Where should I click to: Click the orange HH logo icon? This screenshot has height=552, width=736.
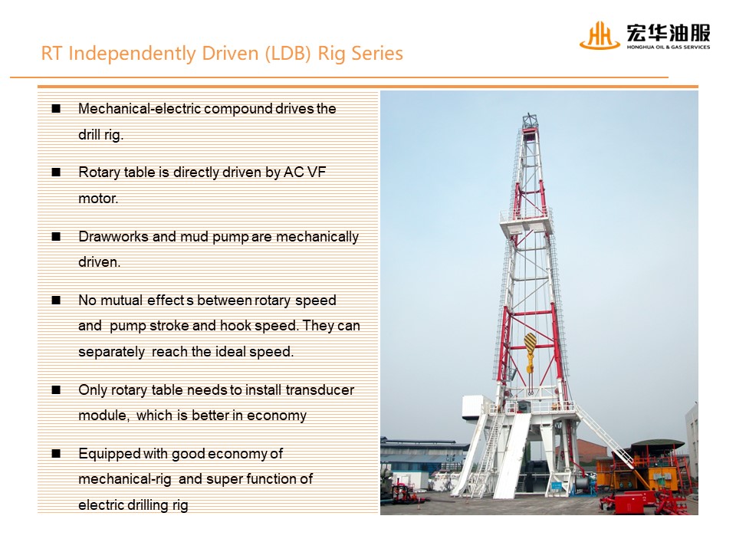(600, 35)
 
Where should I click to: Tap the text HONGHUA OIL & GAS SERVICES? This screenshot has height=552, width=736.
(669, 47)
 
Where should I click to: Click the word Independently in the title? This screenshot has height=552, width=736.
(133, 54)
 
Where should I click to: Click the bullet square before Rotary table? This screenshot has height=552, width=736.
(56, 172)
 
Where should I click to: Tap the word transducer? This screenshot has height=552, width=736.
(320, 390)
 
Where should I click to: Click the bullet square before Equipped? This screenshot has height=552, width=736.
(56, 453)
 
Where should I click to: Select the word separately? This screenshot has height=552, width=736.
(111, 352)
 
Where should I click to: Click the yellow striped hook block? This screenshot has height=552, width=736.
(530, 348)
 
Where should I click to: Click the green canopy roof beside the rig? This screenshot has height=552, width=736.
(657, 444)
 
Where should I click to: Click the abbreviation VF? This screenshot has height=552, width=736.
(317, 172)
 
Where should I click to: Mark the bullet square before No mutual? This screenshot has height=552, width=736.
(56, 300)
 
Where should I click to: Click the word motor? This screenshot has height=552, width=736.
(98, 199)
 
